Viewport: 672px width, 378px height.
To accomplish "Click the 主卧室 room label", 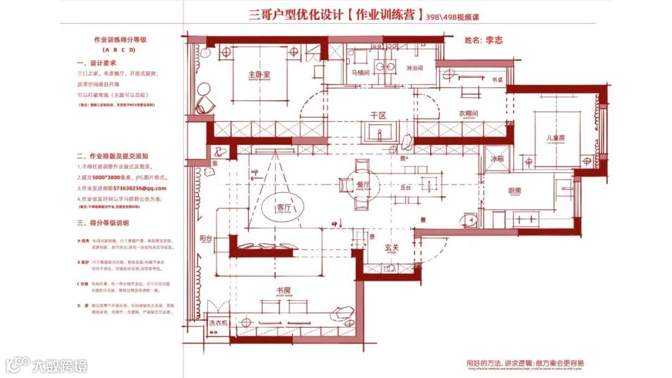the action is (259, 75).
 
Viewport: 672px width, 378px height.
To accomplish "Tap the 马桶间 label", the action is (360, 73).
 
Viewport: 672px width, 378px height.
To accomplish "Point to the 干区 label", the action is (378, 116).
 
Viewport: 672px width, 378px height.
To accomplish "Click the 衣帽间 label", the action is (468, 114).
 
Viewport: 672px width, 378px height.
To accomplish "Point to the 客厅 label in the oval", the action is (284, 208).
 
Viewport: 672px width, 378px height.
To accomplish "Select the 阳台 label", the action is (206, 237).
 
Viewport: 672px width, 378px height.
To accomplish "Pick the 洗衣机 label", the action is (218, 323).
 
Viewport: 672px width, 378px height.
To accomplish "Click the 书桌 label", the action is (497, 80).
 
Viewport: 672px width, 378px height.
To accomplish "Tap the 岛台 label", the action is (405, 187).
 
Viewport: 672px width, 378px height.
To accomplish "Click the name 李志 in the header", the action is (493, 40).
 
